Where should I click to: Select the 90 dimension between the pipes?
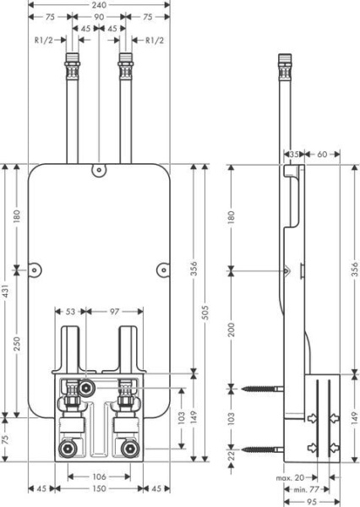pyautogui.click(x=99, y=17)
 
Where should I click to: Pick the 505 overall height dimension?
pyautogui.click(x=205, y=313)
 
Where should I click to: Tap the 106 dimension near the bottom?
pyautogui.click(x=99, y=477)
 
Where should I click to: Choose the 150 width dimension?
pyautogui.click(x=99, y=489)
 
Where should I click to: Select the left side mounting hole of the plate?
pyautogui.click(x=35, y=270)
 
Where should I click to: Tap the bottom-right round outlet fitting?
pyautogui.click(x=131, y=449)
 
